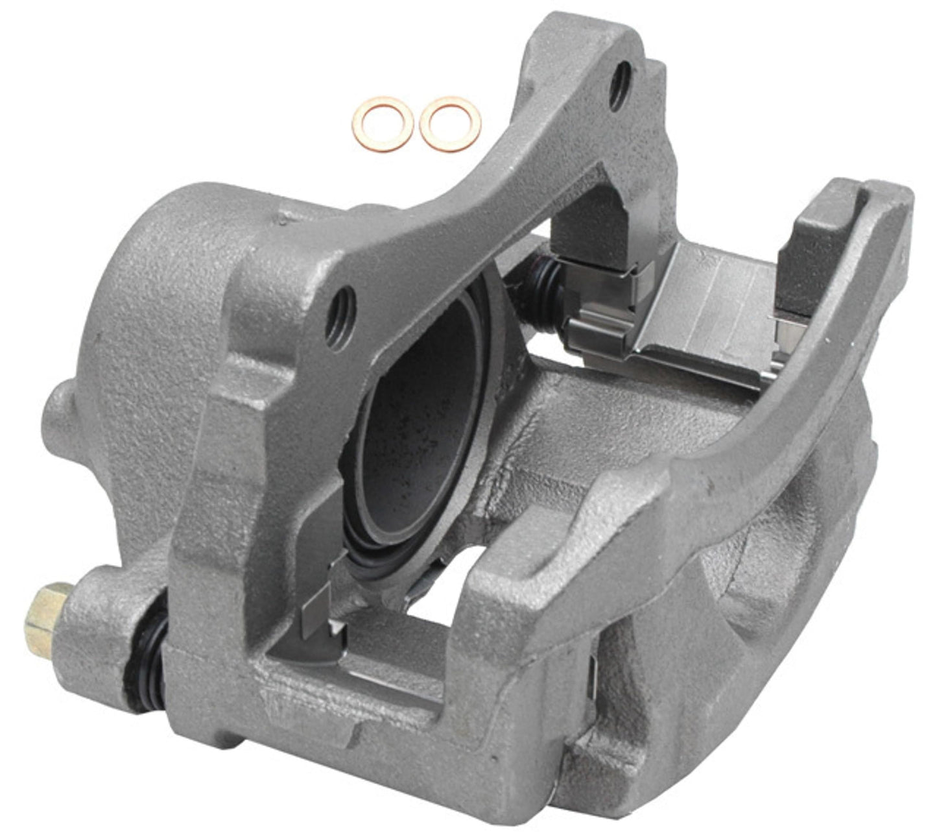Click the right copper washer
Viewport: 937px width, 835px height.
[450, 123]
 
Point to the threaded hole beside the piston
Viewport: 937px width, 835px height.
[342, 316]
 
